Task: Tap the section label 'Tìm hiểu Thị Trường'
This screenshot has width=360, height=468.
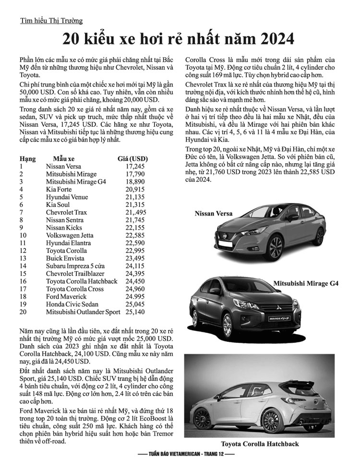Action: (51, 21)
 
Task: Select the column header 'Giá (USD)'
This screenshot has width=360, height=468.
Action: (132, 158)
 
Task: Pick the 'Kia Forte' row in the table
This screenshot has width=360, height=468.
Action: (60, 189)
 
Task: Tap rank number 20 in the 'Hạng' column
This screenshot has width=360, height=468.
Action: (23, 312)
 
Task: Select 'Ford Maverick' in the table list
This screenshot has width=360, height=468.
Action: (66, 297)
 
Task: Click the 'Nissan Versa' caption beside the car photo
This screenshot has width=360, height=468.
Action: (213, 213)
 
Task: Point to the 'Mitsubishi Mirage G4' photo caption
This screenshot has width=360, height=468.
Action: (306, 284)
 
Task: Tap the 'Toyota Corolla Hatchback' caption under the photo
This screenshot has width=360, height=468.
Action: (260, 444)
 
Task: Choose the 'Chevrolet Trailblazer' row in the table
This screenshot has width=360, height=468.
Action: (72, 274)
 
